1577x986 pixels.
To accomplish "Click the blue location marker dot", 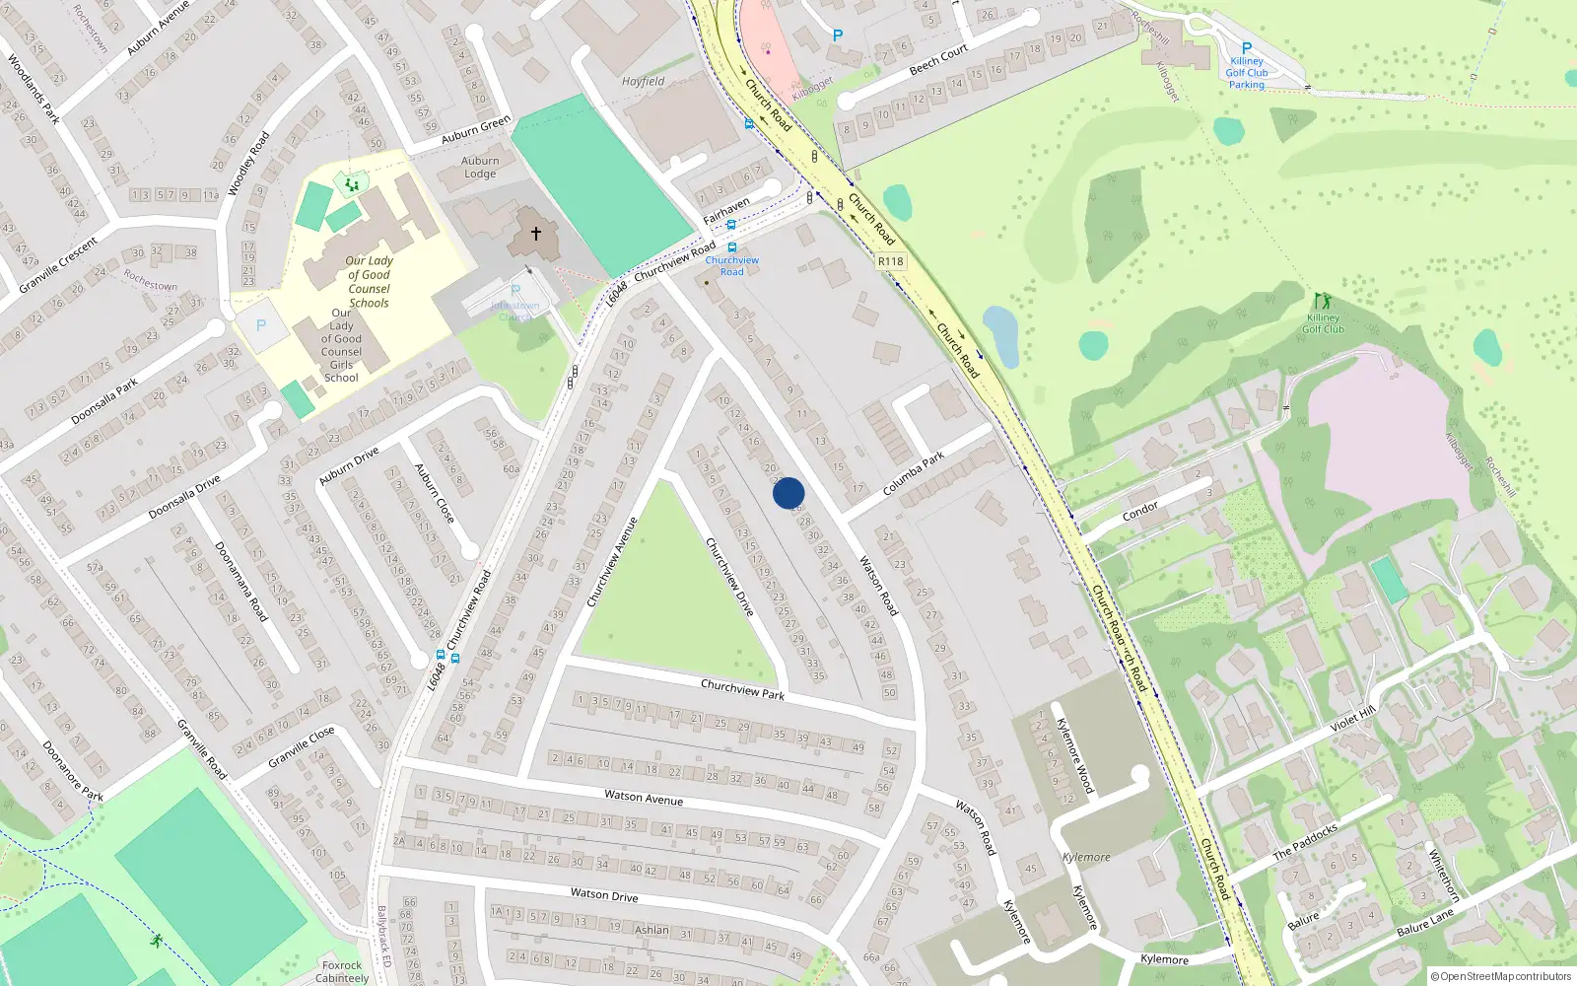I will point(788,493).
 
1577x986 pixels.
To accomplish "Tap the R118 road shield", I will point(890,261).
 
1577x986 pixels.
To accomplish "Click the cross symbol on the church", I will point(536,234).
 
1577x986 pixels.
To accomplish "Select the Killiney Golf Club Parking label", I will point(1247,73).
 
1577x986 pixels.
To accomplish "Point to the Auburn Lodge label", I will point(480,167).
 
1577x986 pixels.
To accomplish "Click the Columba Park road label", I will point(913,473).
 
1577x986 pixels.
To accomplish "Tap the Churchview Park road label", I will point(742,689).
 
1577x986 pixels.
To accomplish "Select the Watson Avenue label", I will point(643,798).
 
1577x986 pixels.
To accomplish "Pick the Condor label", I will point(1140,511).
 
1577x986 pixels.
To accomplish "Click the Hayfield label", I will point(644,82).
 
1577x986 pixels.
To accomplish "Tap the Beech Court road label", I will point(938,60).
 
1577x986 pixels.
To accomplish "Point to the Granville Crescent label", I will point(59,265).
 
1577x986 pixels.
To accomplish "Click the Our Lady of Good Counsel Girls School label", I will point(341,345).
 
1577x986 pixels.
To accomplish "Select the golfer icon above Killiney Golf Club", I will point(1322,301).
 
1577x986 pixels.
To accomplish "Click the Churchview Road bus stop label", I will point(731,265).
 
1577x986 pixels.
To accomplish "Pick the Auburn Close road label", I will point(434,493).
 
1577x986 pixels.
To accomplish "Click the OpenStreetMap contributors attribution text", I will point(1506,976).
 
